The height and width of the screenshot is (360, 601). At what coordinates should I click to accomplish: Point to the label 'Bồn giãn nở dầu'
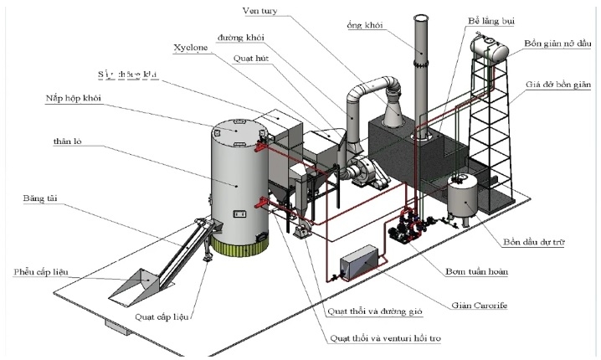click(x=557, y=42)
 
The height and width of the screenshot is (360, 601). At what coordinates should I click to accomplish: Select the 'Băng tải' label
click(x=41, y=198)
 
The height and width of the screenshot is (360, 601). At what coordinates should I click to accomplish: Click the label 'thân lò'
click(x=67, y=142)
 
